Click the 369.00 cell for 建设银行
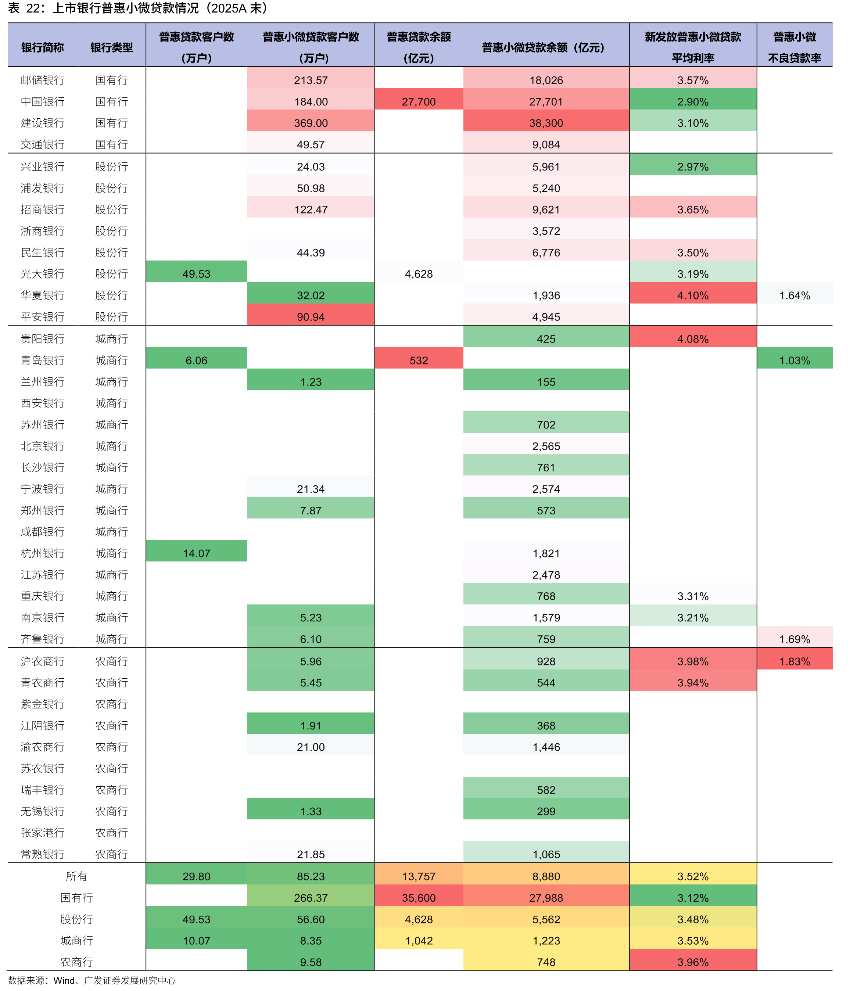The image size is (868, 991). [311, 123]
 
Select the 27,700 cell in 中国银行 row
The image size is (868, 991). [419, 102]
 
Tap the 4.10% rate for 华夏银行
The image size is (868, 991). [693, 295]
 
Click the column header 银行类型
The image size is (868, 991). [111, 47]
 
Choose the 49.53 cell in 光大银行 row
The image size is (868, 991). [196, 274]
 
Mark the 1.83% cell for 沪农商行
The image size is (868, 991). [795, 661]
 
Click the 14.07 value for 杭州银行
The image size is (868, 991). [196, 553]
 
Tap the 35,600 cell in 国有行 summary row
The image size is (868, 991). [419, 898]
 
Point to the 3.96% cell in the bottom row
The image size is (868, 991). [693, 962]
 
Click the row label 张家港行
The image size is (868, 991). [43, 833]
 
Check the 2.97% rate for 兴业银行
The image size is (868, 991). [693, 166]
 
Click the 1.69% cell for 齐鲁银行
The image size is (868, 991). [795, 639]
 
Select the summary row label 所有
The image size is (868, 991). [76, 876]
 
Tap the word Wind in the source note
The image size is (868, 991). [64, 980]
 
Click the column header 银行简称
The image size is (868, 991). [43, 47]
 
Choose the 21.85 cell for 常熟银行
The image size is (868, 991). [311, 854]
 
